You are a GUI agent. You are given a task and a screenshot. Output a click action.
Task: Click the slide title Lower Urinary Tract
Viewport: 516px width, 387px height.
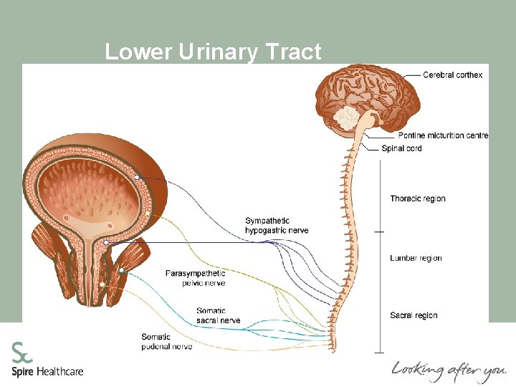tap(213, 52)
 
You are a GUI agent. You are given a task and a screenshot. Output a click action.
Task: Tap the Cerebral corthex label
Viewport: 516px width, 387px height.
tap(452, 75)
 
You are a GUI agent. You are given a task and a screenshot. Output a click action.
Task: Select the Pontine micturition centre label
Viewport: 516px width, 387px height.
tap(443, 135)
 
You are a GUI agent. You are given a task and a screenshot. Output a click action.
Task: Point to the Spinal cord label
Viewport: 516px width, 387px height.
tap(402, 148)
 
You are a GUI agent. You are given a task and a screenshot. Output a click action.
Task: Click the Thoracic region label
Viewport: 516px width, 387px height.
tap(418, 199)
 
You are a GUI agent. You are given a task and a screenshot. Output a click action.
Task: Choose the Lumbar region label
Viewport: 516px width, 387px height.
tap(416, 258)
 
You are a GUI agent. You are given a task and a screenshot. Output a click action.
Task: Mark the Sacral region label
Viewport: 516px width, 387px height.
tap(414, 315)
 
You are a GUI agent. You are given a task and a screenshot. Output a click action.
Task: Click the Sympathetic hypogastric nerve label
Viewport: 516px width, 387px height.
tap(277, 225)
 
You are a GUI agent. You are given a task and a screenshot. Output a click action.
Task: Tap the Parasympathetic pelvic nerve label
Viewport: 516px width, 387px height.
tap(195, 278)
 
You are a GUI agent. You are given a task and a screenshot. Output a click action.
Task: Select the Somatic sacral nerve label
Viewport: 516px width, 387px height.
tap(218, 315)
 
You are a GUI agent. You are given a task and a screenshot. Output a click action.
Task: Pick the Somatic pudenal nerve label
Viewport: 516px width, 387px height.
tap(167, 342)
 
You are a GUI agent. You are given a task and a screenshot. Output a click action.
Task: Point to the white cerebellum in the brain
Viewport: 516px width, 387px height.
tap(351, 118)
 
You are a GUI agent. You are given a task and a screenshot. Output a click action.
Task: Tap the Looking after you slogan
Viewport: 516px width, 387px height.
tap(448, 371)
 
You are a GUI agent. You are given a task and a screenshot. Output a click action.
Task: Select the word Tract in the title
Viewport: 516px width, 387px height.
tap(294, 52)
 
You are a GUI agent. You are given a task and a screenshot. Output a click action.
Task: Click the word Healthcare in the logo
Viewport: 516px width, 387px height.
tap(60, 371)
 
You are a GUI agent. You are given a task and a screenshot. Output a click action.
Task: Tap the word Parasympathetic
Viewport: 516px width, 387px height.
tap(195, 273)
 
